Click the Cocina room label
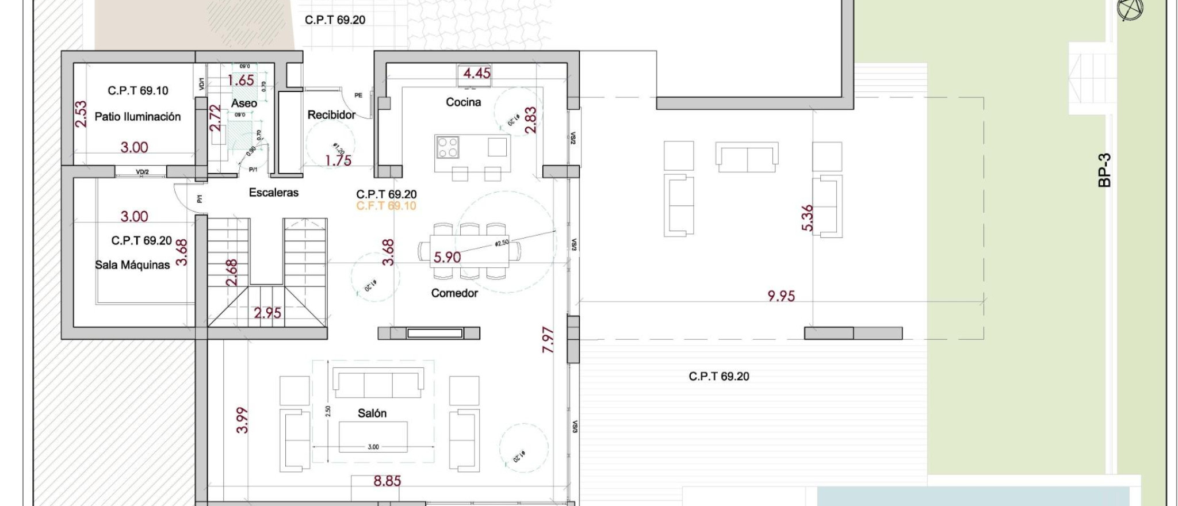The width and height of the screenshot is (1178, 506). coord(463,102)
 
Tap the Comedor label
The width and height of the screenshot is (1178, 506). coord(454,293)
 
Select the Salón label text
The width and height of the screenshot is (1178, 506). coord(372,413)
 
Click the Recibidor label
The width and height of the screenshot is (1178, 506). coord(331,115)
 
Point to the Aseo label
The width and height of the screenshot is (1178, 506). coord(244,103)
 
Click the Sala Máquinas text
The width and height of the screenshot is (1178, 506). coord(132,265)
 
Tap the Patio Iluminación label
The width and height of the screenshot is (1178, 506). coord(137,117)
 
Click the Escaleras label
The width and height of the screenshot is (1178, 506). coord(273,193)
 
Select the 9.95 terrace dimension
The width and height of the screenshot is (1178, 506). coord(781,296)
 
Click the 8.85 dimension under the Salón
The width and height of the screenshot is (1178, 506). coord(387,481)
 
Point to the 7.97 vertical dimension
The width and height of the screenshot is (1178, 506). coord(548,339)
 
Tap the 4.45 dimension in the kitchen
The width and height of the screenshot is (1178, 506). coord(476,73)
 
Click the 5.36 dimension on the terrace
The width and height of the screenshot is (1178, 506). coord(808,218)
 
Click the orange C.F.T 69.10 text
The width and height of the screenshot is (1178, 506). coord(386,206)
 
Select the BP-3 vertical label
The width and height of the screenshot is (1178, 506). coord(1104,170)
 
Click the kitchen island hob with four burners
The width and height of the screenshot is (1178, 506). coord(447,147)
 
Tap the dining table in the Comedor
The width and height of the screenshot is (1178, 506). coord(470,251)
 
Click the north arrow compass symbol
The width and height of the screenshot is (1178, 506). coord(1130,9)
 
